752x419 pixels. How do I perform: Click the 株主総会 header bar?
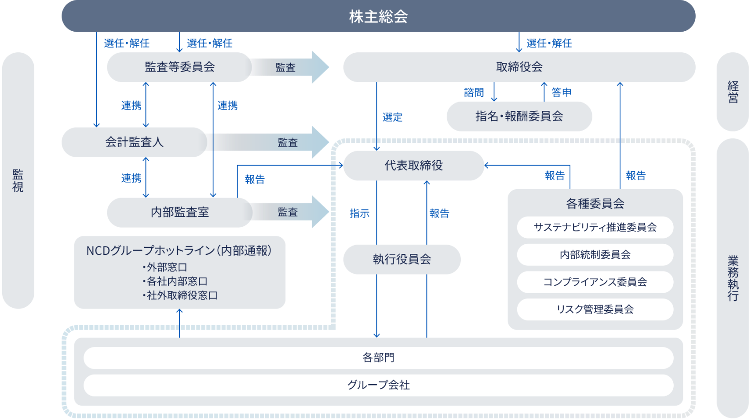tap(378, 16)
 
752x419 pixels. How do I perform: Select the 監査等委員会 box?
tap(179, 67)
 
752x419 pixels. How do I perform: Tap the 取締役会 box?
tap(519, 67)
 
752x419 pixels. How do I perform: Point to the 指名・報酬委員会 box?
tap(519, 116)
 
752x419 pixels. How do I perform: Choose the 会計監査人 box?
tap(134, 142)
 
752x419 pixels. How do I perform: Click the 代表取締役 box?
tap(413, 165)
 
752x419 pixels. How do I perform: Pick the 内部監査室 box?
tap(179, 212)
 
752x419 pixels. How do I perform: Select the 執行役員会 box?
tap(402, 259)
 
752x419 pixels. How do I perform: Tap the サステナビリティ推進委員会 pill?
tap(595, 227)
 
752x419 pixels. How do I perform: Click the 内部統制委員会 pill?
tap(595, 254)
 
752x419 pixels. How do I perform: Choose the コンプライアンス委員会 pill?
tap(595, 282)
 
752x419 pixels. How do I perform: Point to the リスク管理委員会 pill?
tap(595, 309)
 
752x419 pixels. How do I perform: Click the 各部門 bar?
tap(378, 357)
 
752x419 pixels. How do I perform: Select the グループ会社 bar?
tap(378, 385)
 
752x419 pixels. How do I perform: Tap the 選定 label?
tap(392, 117)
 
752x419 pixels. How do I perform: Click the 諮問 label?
tap(474, 92)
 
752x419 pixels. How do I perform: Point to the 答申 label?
tap(561, 92)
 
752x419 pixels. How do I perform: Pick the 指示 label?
tap(359, 213)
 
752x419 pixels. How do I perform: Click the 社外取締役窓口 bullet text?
tap(182, 295)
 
